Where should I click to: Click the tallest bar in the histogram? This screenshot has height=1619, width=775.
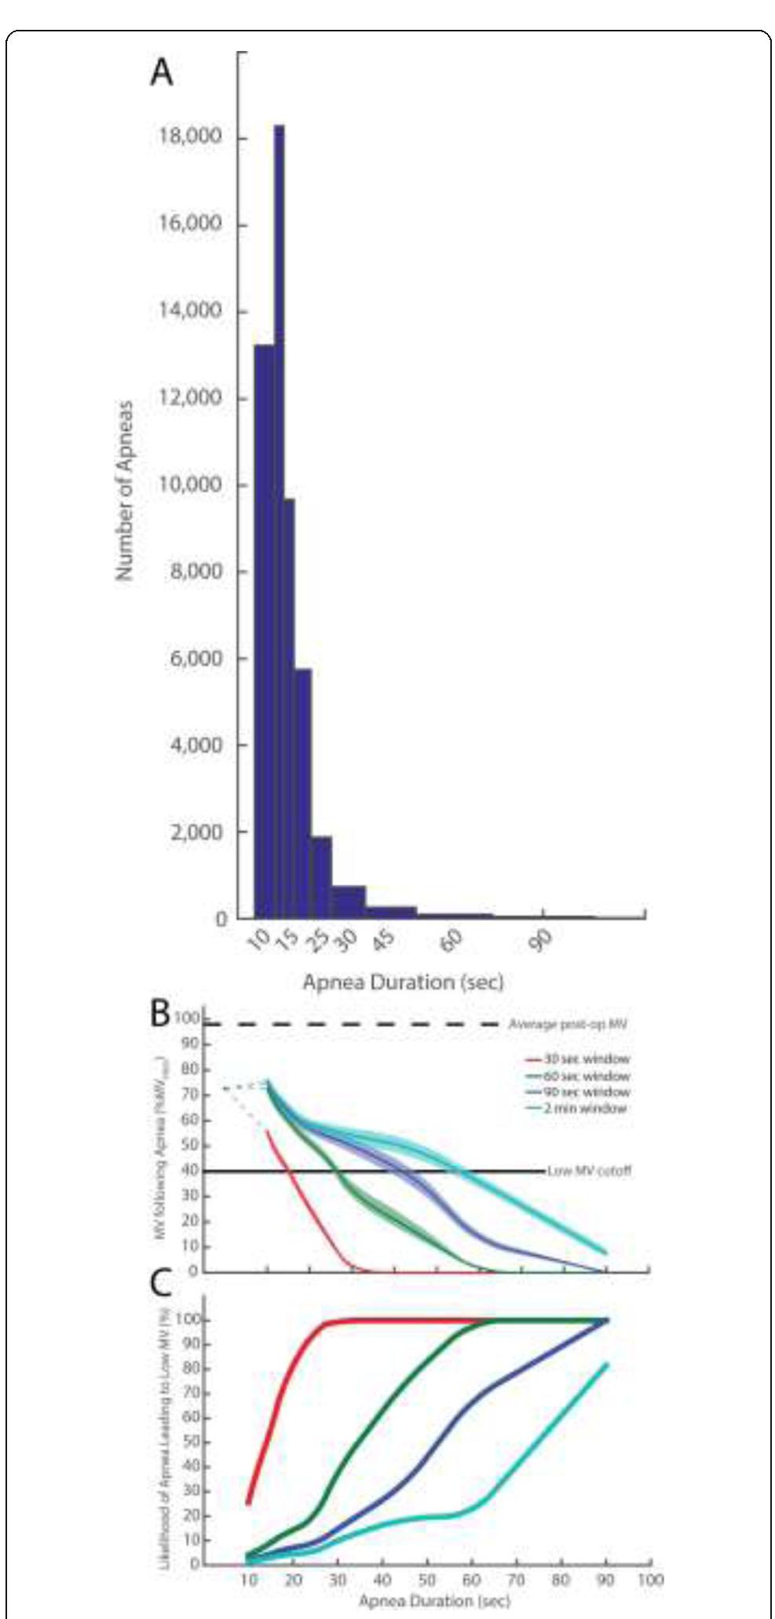279,518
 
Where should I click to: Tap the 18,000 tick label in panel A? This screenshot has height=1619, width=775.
185,137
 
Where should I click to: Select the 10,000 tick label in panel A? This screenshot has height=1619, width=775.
185,484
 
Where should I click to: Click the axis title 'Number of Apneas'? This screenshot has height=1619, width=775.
124,492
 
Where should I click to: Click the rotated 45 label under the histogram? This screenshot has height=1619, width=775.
382,939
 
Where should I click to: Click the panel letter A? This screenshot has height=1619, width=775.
162,72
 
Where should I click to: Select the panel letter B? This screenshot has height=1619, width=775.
159,1013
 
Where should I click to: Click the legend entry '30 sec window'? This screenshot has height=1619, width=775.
587,1059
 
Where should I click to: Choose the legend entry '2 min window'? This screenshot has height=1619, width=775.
585,1109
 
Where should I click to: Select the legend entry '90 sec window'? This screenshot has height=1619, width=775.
587,1092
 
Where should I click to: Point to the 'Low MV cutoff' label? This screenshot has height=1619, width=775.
590,1171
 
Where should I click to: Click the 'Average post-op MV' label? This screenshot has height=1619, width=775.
568,1025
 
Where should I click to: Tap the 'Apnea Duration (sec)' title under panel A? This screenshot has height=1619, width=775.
403,982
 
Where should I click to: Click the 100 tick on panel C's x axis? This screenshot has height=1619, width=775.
650,1579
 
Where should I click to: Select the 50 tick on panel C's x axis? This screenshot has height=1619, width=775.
426,1579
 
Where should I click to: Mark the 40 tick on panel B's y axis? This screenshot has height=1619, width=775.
188,1171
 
